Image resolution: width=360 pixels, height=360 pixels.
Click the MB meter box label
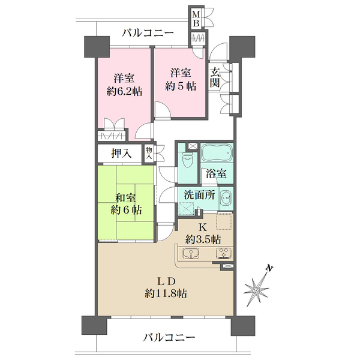(x=196, y=19)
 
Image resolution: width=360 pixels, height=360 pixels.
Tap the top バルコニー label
(x=148, y=32)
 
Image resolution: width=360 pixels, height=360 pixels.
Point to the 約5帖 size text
(x=181, y=86)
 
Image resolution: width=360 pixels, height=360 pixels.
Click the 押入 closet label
(x=121, y=153)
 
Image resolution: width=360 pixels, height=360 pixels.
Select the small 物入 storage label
(x=149, y=153)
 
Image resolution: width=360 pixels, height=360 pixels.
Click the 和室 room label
(x=125, y=198)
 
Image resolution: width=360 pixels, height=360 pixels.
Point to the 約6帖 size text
(x=125, y=211)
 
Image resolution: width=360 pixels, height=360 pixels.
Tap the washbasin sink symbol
(x=226, y=197)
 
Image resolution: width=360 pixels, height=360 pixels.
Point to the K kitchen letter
(x=202, y=227)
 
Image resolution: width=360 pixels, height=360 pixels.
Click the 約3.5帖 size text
(x=202, y=239)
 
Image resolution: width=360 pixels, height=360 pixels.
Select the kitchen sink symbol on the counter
(x=191, y=255)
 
